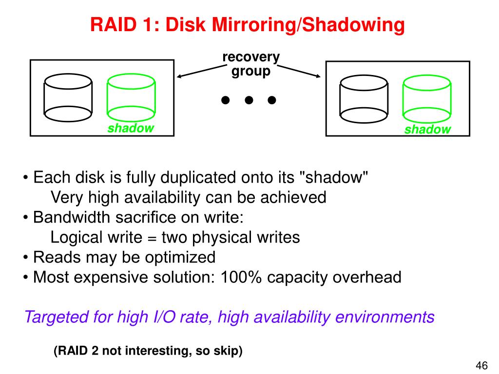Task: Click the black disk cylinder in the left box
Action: tap(68, 97)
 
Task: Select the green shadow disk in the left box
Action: tap(131, 97)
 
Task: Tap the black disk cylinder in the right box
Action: tap(364, 99)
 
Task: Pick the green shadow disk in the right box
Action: tap(427, 99)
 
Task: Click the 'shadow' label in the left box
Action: tap(131, 128)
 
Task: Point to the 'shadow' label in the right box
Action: tap(427, 130)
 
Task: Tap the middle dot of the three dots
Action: tap(249, 100)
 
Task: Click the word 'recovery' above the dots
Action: tap(251, 57)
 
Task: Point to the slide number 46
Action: tap(481, 365)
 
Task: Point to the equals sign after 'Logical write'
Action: tap(150, 238)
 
